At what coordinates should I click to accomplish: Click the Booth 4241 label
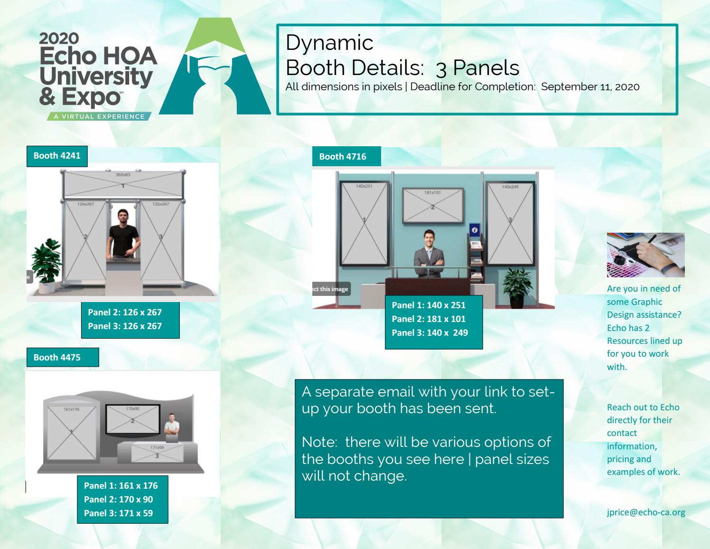tap(57, 156)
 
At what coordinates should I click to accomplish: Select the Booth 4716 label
tap(343, 157)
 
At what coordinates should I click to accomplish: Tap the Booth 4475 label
tap(57, 358)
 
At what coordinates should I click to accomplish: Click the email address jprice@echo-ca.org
tap(646, 512)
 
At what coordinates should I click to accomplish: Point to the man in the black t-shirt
tap(123, 233)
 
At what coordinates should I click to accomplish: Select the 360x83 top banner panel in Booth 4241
tap(123, 184)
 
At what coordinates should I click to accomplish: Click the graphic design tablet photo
tap(645, 255)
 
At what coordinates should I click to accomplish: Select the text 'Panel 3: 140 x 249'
tap(430, 333)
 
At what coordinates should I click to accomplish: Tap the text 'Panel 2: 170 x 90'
tap(118, 500)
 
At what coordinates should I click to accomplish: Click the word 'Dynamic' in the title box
tap(329, 43)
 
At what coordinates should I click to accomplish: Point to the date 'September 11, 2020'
tap(590, 87)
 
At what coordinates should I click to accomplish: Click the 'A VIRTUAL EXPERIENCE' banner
tap(99, 116)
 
